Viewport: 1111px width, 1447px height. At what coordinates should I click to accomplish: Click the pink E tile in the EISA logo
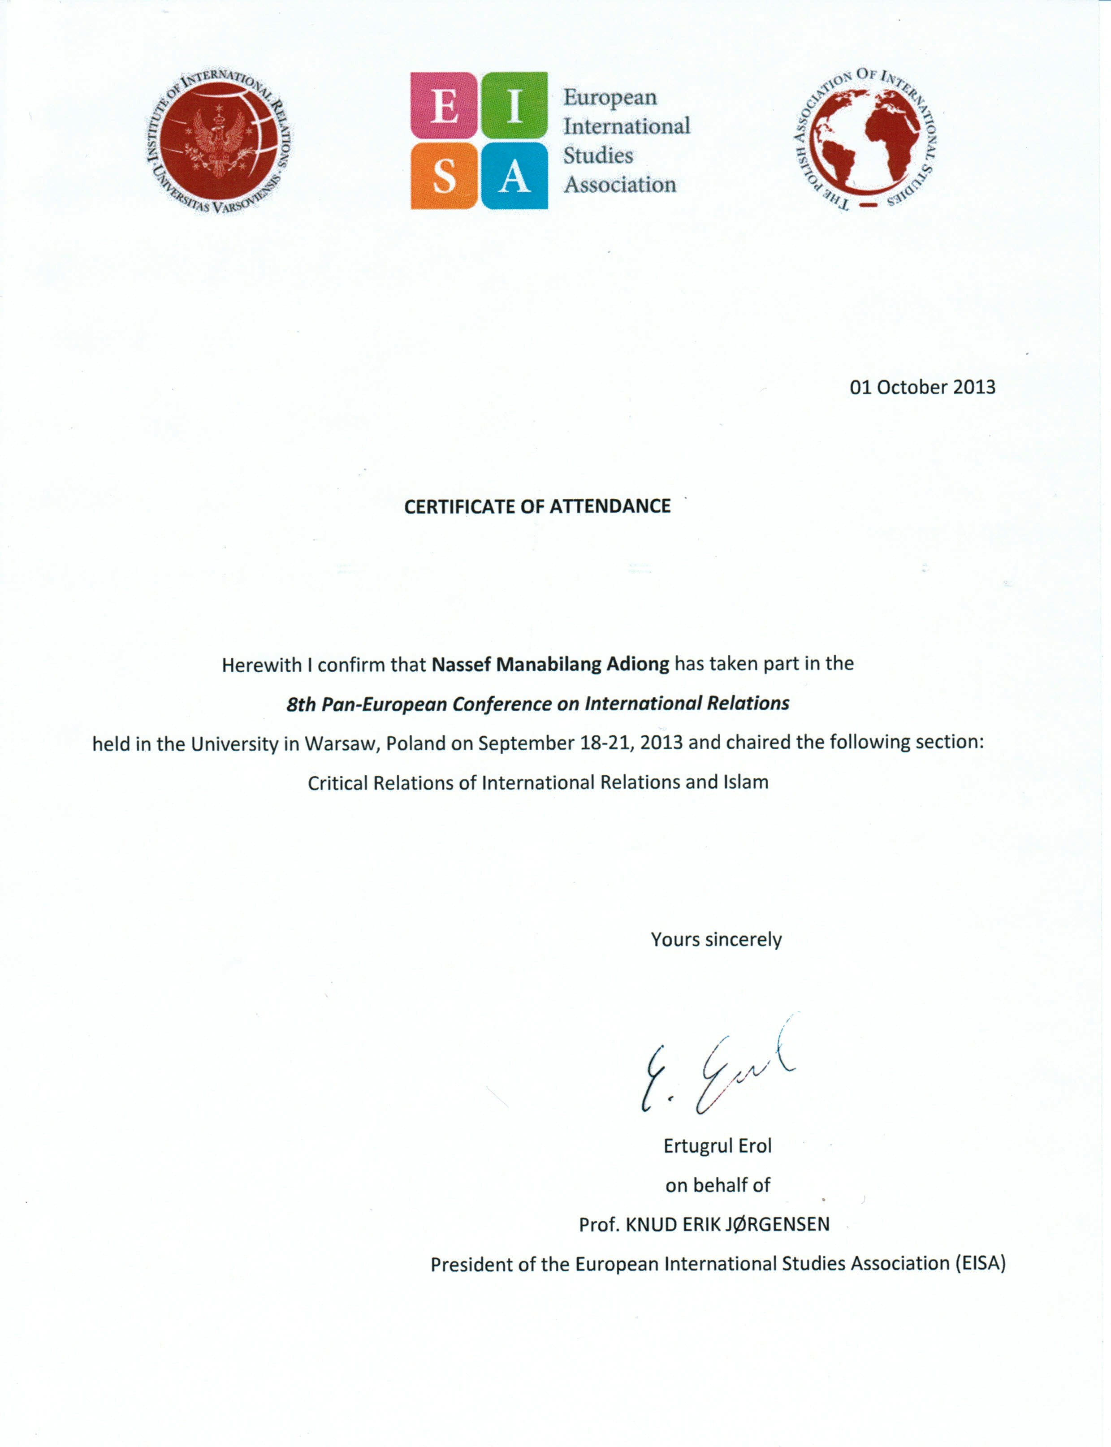tap(444, 106)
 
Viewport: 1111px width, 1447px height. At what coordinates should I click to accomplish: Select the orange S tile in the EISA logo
tap(444, 176)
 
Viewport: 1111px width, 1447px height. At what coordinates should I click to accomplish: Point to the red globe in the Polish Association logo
tap(866, 140)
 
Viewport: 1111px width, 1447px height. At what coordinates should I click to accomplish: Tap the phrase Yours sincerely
tap(716, 939)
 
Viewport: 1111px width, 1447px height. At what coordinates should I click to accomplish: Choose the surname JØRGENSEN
tap(777, 1225)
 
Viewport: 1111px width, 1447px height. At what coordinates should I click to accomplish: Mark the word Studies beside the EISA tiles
tap(598, 155)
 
